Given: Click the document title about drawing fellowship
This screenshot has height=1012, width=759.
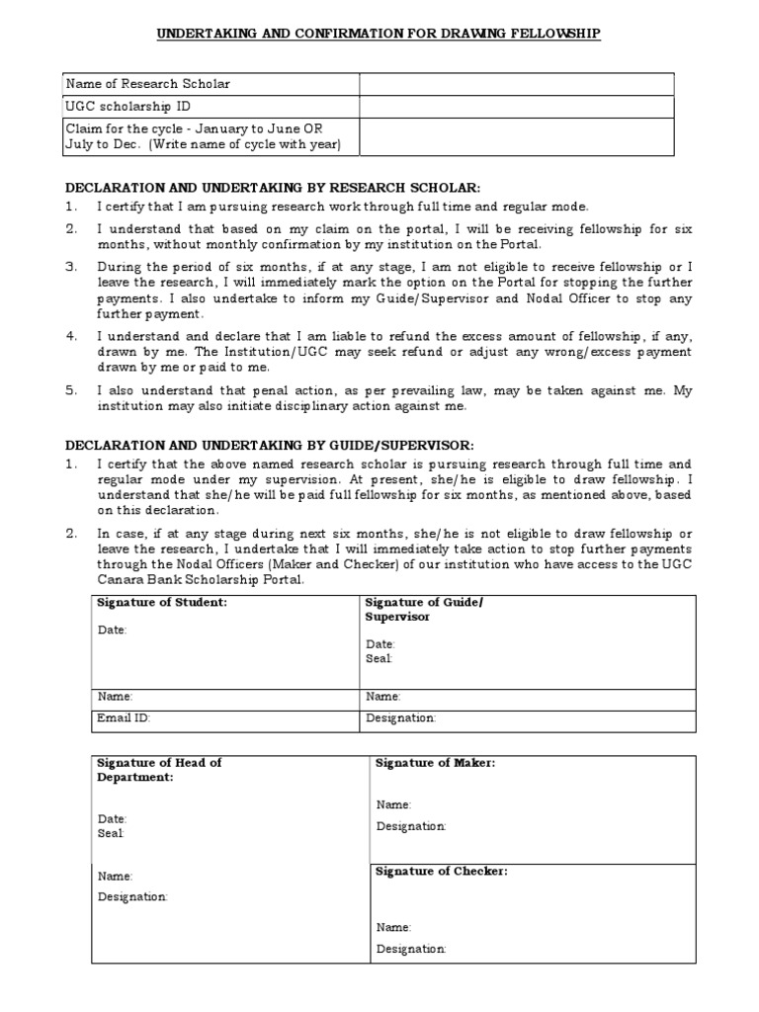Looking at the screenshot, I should coord(379,34).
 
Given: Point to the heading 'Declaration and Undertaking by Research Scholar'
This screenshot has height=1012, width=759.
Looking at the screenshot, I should coord(272,187).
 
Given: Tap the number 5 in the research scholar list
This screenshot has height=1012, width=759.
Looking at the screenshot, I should coord(71,390).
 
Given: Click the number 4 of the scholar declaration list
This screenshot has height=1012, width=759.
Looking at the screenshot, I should coord(71,336).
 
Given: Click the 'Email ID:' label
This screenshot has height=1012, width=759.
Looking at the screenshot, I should coord(123,718).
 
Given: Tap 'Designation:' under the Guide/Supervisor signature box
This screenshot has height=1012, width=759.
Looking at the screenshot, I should coord(400,718).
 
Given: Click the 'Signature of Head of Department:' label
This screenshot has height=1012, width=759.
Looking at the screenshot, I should coord(159,770).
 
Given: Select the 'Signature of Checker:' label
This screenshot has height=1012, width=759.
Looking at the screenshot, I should coord(441,871).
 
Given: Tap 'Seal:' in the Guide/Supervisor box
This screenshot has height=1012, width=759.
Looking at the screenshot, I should coord(379,658).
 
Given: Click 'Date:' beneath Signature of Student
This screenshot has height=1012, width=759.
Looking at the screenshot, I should coord(112,629).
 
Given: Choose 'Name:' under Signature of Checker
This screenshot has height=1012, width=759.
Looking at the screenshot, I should coord(393,927).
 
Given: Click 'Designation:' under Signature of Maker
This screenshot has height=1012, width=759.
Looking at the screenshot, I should coord(411,825).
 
